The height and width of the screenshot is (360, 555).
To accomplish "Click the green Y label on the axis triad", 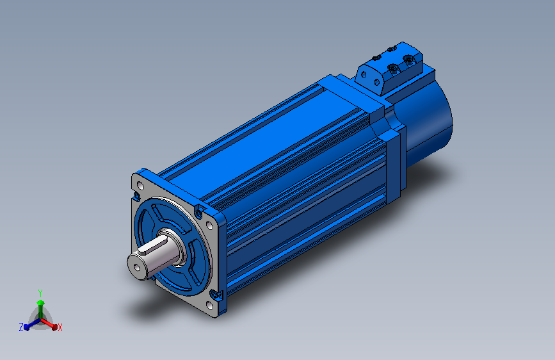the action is click(x=40, y=293).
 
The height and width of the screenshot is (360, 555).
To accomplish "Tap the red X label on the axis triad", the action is click(x=60, y=327).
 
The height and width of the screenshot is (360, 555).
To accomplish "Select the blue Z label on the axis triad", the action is click(x=21, y=327).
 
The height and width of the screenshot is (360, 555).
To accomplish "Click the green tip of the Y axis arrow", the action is click(x=40, y=302).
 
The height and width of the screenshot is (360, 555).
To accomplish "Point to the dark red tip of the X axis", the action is click(x=54, y=327).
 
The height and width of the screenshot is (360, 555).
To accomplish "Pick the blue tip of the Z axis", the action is click(x=27, y=327).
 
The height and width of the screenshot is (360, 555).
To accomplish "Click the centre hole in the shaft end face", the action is click(x=137, y=268).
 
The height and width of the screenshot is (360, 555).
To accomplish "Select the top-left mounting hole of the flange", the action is click(x=140, y=185).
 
